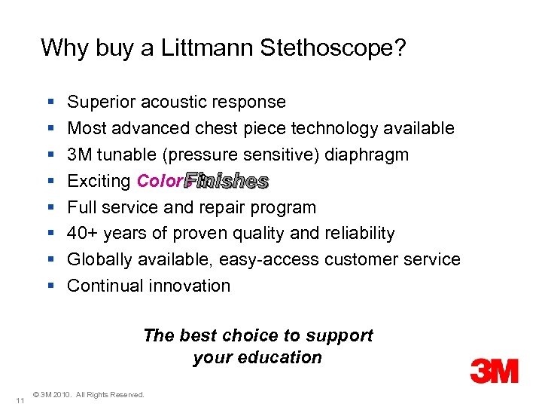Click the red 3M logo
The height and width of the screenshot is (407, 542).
tap(494, 371)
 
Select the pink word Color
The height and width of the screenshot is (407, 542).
tap(159, 181)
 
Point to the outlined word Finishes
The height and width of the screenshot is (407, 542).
tap(227, 181)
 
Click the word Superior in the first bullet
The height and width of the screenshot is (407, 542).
tap(99, 103)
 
